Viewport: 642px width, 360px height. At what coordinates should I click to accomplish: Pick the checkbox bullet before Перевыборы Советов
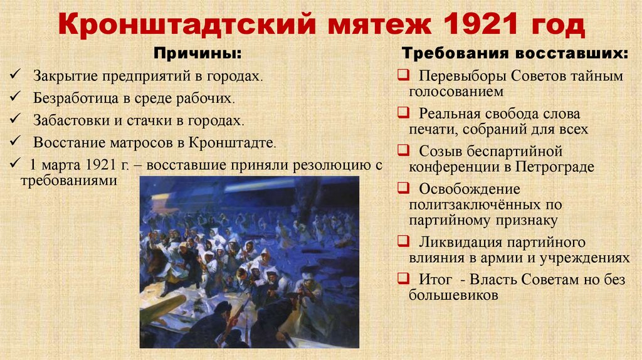click(401, 76)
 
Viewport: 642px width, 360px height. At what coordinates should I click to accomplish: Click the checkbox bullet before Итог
click(401, 279)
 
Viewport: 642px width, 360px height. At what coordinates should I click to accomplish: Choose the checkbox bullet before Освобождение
click(401, 189)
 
